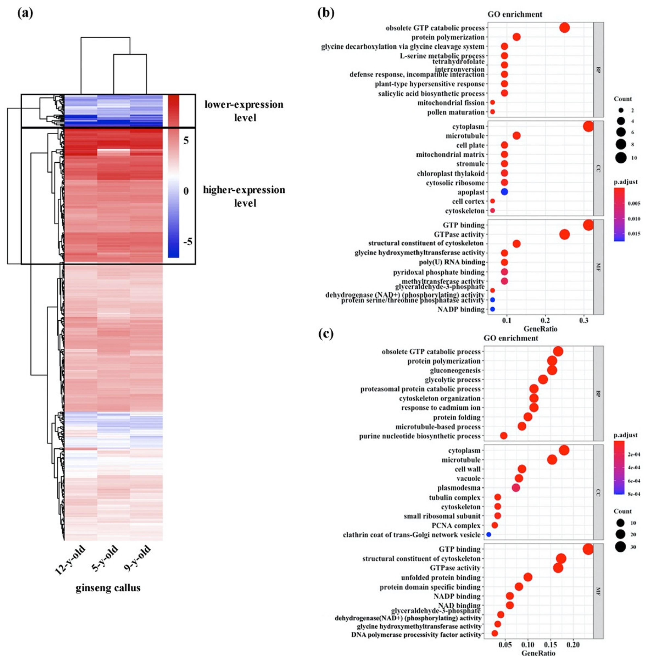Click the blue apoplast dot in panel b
click(504, 192)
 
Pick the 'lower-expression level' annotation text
click(244, 111)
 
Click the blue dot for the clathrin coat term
click(488, 535)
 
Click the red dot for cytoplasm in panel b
click(588, 126)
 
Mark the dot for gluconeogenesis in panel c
click(552, 370)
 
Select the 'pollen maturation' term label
click(456, 112)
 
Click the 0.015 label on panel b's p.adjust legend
click(634, 234)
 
